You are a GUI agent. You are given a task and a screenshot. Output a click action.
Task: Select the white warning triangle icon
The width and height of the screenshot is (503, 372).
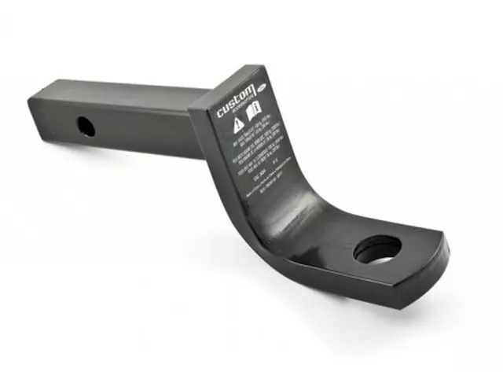point(238,122)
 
